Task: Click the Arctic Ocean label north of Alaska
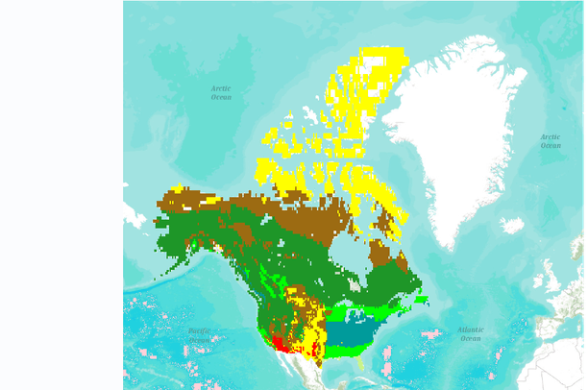[x=221, y=92]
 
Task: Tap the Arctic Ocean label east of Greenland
[x=551, y=141]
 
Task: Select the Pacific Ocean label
[x=200, y=335]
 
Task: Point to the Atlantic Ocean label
[x=470, y=333]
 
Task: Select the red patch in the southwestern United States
[x=276, y=341]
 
